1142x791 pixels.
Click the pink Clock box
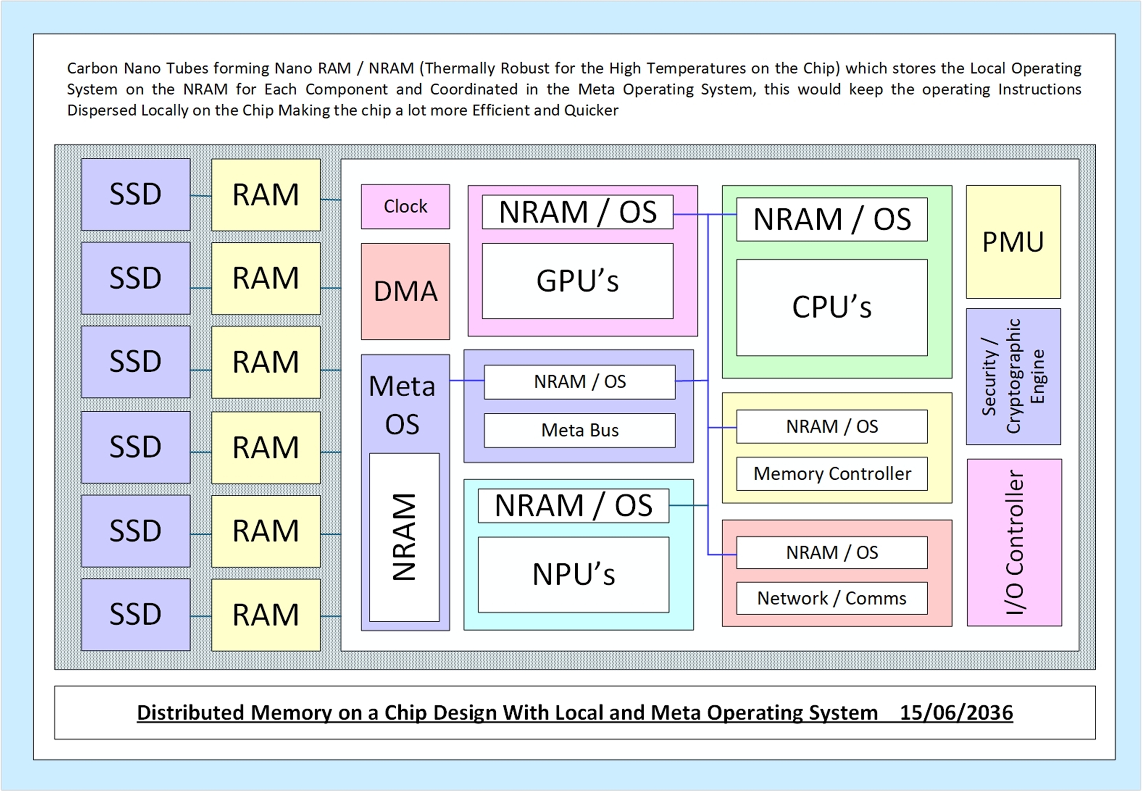[405, 207]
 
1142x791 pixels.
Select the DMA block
[405, 291]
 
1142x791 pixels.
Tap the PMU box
[1013, 242]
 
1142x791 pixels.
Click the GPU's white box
[578, 281]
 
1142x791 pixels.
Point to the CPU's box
[832, 307]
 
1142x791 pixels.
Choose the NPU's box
[574, 575]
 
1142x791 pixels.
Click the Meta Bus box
[579, 430]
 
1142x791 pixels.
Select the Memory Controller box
[832, 474]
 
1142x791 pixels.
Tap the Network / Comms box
[832, 598]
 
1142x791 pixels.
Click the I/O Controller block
[1014, 543]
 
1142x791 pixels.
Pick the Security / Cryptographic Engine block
[1013, 377]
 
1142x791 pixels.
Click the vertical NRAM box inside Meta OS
[404, 537]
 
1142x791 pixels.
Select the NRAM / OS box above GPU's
[578, 212]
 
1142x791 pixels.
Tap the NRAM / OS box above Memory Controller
[832, 426]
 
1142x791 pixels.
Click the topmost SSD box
[135, 194]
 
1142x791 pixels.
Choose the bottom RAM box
[266, 615]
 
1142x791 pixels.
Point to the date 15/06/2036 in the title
[956, 713]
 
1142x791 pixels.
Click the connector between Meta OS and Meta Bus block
[467, 380]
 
